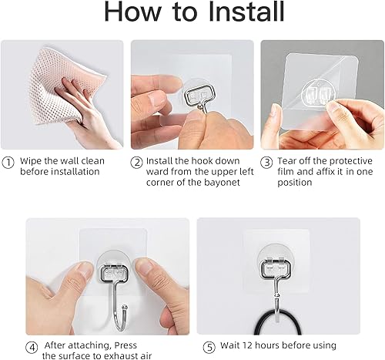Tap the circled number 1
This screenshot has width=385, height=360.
[x=8, y=162]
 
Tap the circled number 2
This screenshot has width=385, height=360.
[x=136, y=162]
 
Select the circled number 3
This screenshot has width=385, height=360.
[x=266, y=162]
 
